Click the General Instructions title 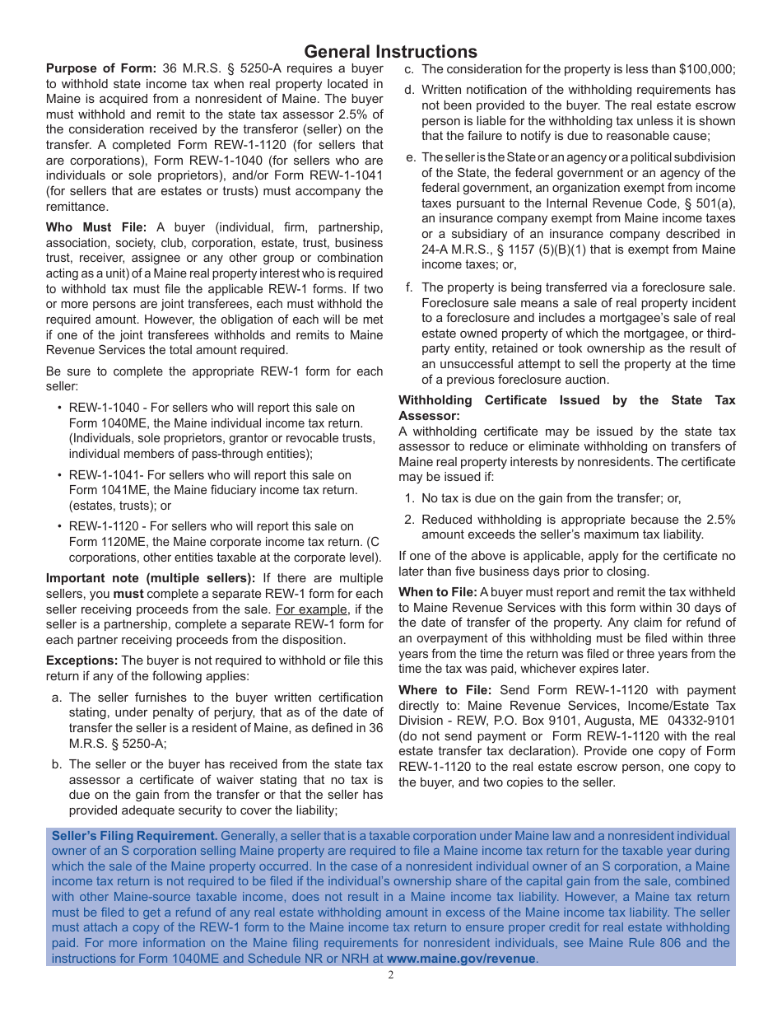pyautogui.click(x=390, y=52)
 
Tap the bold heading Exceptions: pyautogui.click(x=82, y=661)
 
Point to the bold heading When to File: pyautogui.click(x=437, y=592)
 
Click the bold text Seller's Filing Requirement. pyautogui.click(x=134, y=836)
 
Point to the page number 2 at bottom pyautogui.click(x=391, y=976)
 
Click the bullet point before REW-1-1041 pyautogui.click(x=60, y=475)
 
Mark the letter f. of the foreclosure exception pyautogui.click(x=409, y=287)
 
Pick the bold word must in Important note pyautogui.click(x=128, y=594)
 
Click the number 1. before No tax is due pyautogui.click(x=409, y=498)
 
